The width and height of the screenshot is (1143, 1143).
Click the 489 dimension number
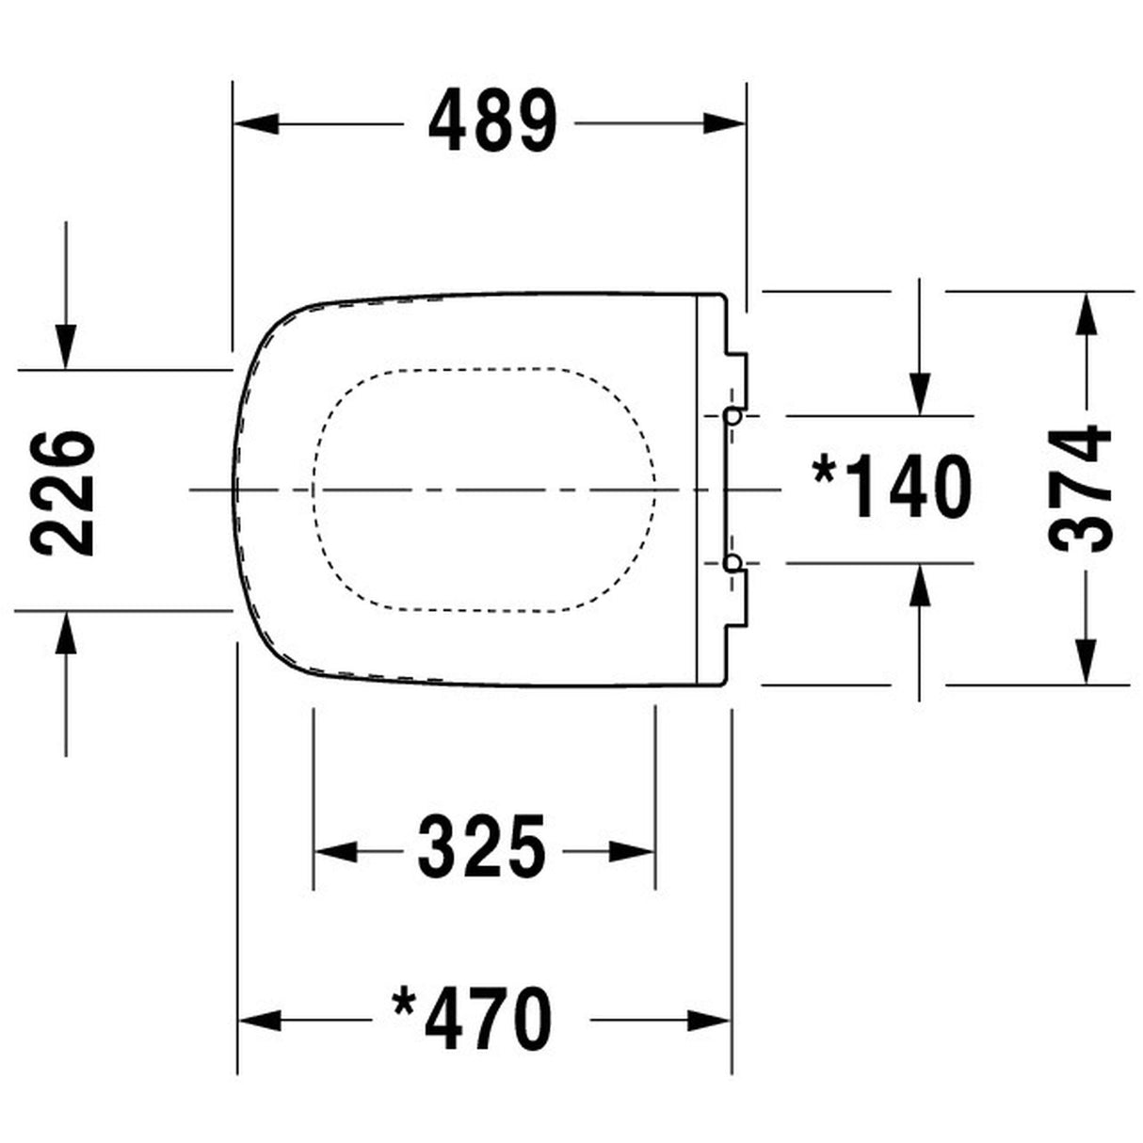click(x=492, y=122)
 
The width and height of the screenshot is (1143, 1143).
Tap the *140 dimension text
click(x=892, y=488)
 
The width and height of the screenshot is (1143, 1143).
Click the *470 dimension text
click(x=473, y=1019)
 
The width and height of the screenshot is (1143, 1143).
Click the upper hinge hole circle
click(x=732, y=415)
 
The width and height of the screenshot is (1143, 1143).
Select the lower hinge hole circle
click(x=732, y=562)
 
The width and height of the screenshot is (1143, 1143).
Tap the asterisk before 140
click(x=826, y=470)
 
